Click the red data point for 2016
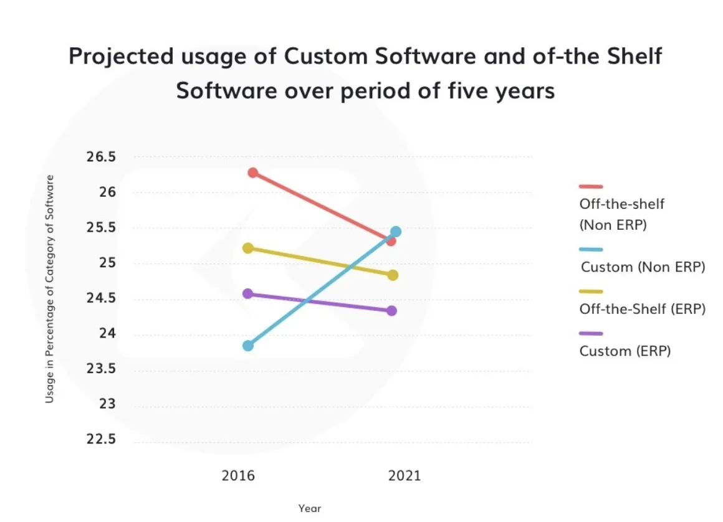click(x=252, y=173)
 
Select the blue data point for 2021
click(x=395, y=232)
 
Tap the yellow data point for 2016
click(x=248, y=248)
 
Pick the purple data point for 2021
click(x=391, y=310)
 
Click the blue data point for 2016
click(x=248, y=345)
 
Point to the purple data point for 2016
click(x=248, y=293)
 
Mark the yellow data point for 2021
click(x=393, y=275)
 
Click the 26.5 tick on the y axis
click(x=101, y=157)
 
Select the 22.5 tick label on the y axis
click(x=101, y=440)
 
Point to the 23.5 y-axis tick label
click(x=101, y=369)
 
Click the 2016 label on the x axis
click(x=238, y=476)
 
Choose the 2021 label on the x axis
click(x=405, y=476)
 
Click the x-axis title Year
click(x=309, y=508)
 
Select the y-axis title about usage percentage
click(x=50, y=288)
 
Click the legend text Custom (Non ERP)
click(x=643, y=267)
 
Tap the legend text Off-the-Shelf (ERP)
click(x=643, y=309)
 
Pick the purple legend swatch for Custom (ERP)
click(x=591, y=333)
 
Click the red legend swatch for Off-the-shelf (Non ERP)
click(x=591, y=186)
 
